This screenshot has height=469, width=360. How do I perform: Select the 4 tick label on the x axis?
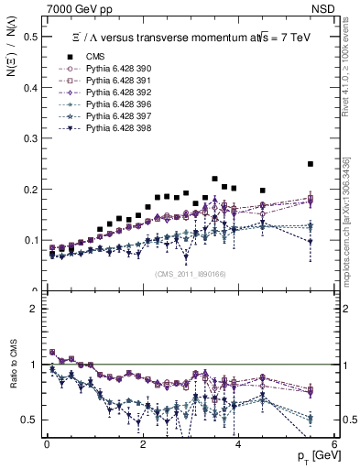click(238, 443)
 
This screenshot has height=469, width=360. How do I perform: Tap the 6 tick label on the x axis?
click(334, 443)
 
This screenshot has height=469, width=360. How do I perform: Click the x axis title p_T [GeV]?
click(314, 456)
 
